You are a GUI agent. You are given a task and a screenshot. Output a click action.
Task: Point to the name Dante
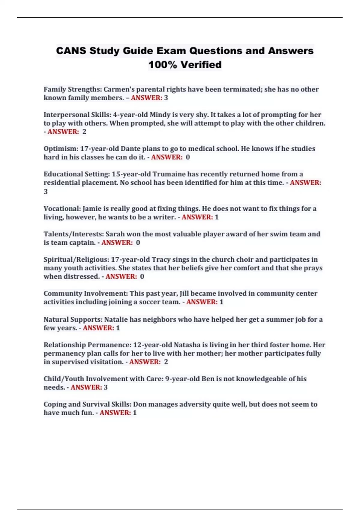(x=130, y=148)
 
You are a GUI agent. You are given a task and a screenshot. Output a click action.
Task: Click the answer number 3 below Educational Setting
(x=46, y=191)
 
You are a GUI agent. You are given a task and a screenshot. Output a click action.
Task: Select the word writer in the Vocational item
(x=164, y=217)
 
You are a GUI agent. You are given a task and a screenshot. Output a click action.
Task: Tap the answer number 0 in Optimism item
(x=188, y=157)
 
